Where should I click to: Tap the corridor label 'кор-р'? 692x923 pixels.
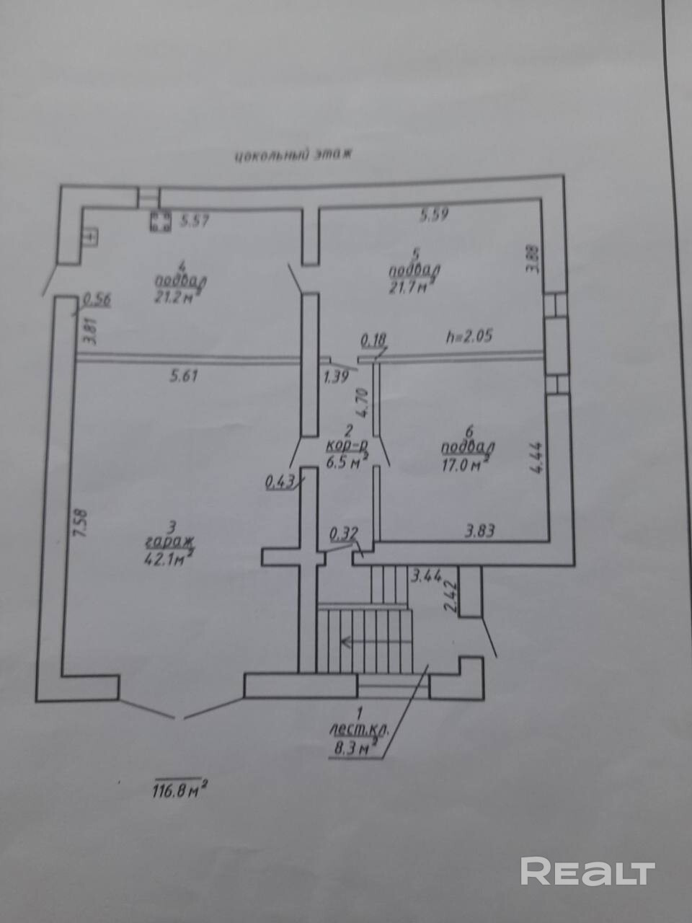[347, 448]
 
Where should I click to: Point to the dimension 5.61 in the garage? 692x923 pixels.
[185, 375]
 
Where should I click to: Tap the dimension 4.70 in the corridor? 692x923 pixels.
[365, 401]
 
